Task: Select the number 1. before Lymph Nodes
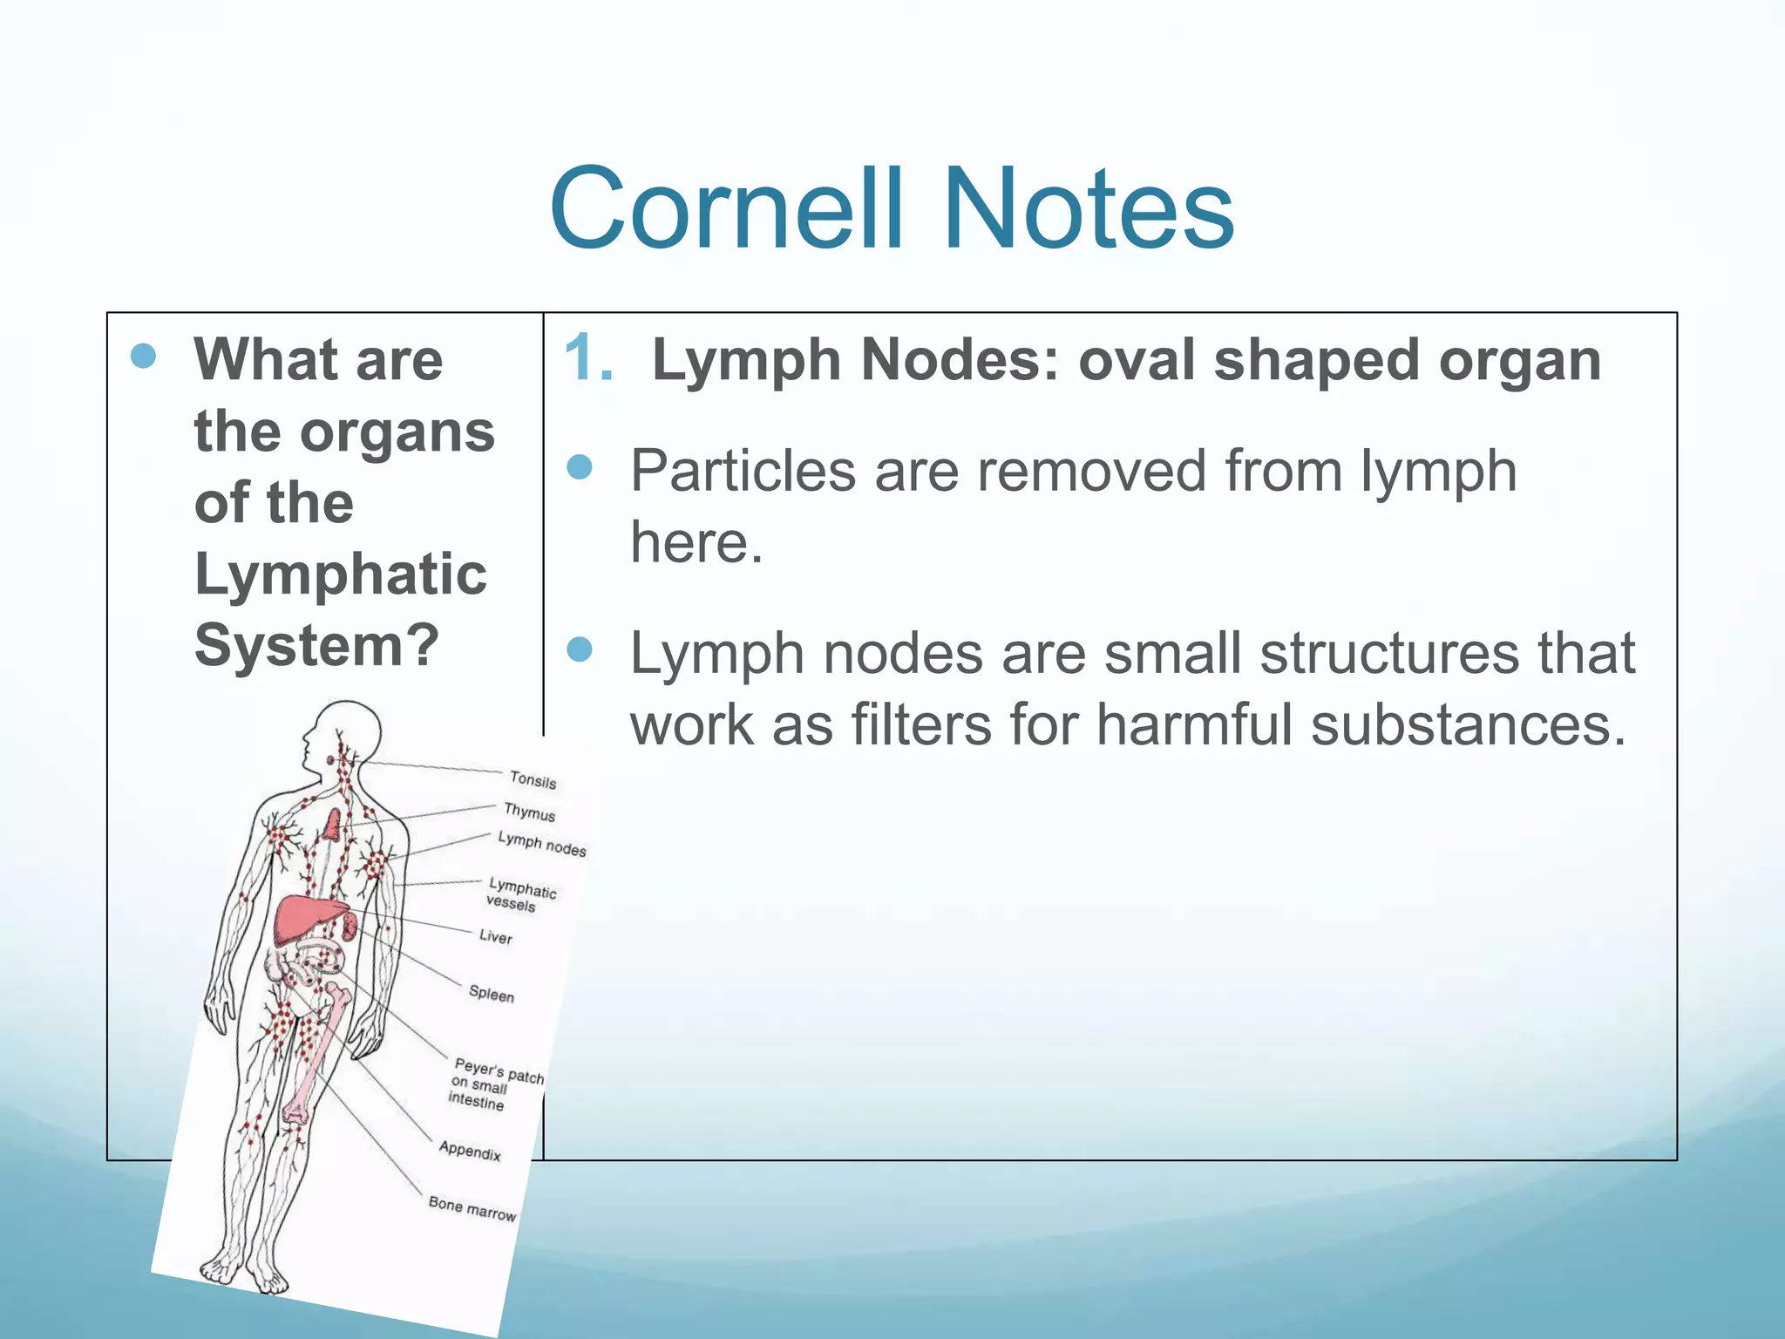point(588,358)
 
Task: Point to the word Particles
point(743,472)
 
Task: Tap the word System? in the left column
point(316,646)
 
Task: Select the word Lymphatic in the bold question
point(340,574)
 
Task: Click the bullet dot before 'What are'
point(143,356)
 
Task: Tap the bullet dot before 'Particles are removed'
point(580,468)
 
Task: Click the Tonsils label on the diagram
point(533,780)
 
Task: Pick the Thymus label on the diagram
point(529,812)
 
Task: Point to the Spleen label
point(492,994)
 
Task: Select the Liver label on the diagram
point(495,937)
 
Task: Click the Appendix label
point(470,1151)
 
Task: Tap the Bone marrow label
point(472,1208)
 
